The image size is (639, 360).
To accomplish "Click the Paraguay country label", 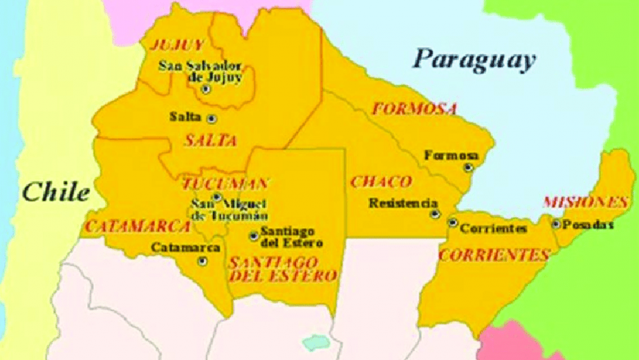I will [x=474, y=59].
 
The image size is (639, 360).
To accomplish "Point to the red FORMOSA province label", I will [x=414, y=109].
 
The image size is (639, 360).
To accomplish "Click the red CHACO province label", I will [x=381, y=181].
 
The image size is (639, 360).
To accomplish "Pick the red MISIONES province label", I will [x=585, y=202].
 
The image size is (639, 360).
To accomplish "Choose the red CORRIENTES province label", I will [x=493, y=255].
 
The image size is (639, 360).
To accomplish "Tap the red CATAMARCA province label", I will [x=137, y=226].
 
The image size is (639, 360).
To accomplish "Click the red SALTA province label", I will [x=210, y=140].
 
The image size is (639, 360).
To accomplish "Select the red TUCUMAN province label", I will [x=225, y=184].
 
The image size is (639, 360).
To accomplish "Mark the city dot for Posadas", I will [x=556, y=224].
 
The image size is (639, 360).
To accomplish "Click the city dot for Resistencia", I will [x=434, y=214].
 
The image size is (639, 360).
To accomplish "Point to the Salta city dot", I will [x=211, y=118].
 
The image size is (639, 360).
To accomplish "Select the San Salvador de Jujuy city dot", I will [x=206, y=89].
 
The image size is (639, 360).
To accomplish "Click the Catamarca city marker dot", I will [x=203, y=261].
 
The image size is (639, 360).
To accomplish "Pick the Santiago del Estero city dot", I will [x=254, y=235].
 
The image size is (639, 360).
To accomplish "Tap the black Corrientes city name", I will [x=493, y=229].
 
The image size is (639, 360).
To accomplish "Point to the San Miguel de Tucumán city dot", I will [x=217, y=197].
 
